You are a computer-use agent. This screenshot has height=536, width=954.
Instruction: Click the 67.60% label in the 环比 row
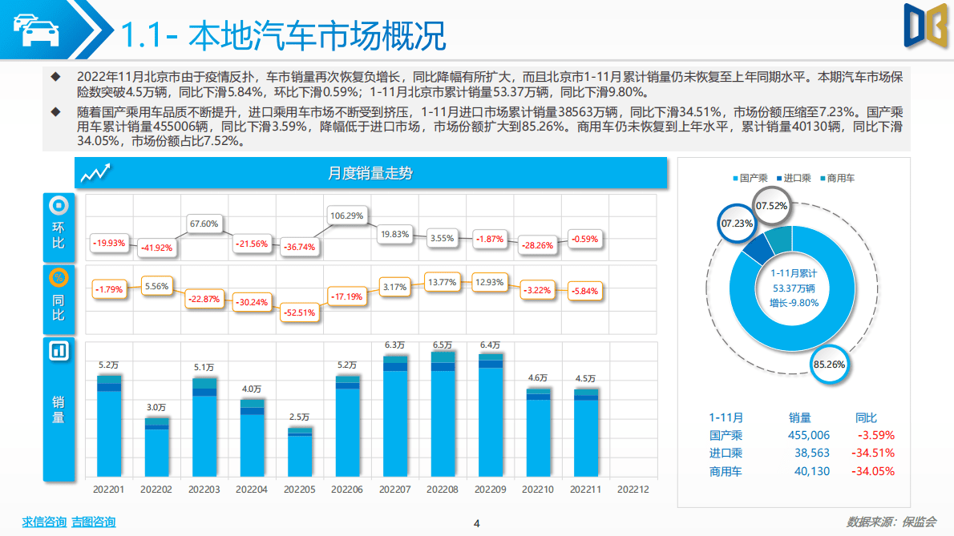coord(204,224)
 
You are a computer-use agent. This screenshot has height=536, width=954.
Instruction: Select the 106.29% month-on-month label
coord(347,216)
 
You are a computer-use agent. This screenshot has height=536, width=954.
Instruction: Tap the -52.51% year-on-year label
coord(300,312)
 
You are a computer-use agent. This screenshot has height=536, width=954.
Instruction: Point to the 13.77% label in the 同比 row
coord(443,282)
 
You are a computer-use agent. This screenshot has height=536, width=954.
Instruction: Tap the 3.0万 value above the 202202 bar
coord(157,407)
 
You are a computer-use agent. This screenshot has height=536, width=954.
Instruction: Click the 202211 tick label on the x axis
coord(585,489)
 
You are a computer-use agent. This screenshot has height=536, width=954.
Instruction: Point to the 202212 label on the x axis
coord(633,489)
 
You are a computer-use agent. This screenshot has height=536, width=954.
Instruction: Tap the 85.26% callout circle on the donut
coord(829,364)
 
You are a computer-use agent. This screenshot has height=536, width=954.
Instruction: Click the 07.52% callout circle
coord(772,206)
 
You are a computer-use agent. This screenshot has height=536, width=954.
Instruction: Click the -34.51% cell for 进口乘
coord(875,453)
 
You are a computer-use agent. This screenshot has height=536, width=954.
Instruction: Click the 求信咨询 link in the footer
coord(44,522)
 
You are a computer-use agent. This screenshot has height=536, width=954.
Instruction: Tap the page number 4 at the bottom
coord(477,524)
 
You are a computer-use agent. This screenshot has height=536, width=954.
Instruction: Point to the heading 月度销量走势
coord(370,173)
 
